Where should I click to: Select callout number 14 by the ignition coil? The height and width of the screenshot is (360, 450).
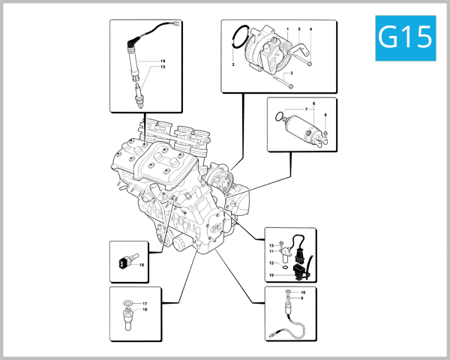pyautogui.click(x=163, y=60)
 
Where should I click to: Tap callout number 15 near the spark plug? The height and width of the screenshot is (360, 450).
pyautogui.click(x=163, y=67)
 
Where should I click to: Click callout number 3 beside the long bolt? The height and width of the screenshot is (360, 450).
pyautogui.click(x=291, y=73)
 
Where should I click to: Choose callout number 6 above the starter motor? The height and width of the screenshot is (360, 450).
pyautogui.click(x=313, y=102)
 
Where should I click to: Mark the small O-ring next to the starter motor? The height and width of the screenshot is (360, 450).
pyautogui.click(x=280, y=115)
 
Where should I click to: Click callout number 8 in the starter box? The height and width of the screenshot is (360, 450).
pyautogui.click(x=325, y=115)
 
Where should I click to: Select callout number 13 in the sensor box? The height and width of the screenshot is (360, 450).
pyautogui.click(x=271, y=245)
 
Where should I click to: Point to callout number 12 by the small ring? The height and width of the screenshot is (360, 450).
pyautogui.click(x=271, y=262)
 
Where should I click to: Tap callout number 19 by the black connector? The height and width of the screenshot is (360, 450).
pyautogui.click(x=271, y=275)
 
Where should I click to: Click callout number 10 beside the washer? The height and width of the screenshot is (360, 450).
pyautogui.click(x=304, y=292)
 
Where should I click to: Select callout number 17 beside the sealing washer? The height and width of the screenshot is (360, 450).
pyautogui.click(x=144, y=303)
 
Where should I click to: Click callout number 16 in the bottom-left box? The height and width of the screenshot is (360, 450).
pyautogui.click(x=144, y=309)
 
